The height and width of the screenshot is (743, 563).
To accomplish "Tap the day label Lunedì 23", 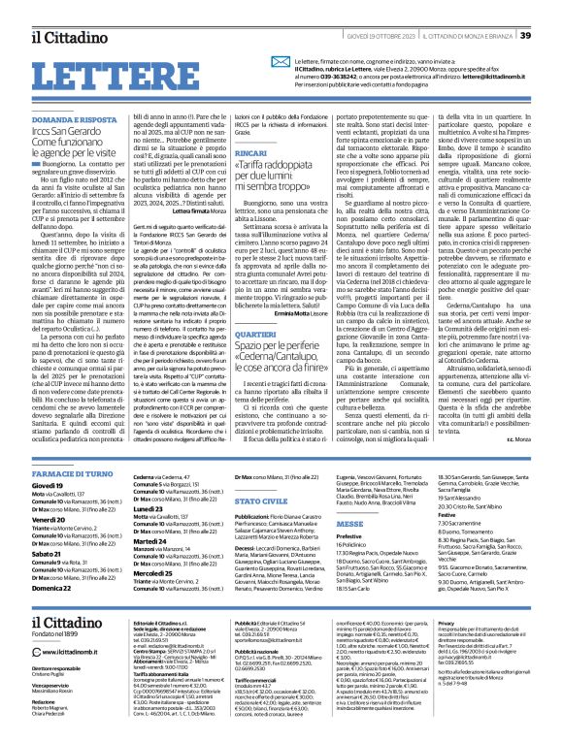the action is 121,482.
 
